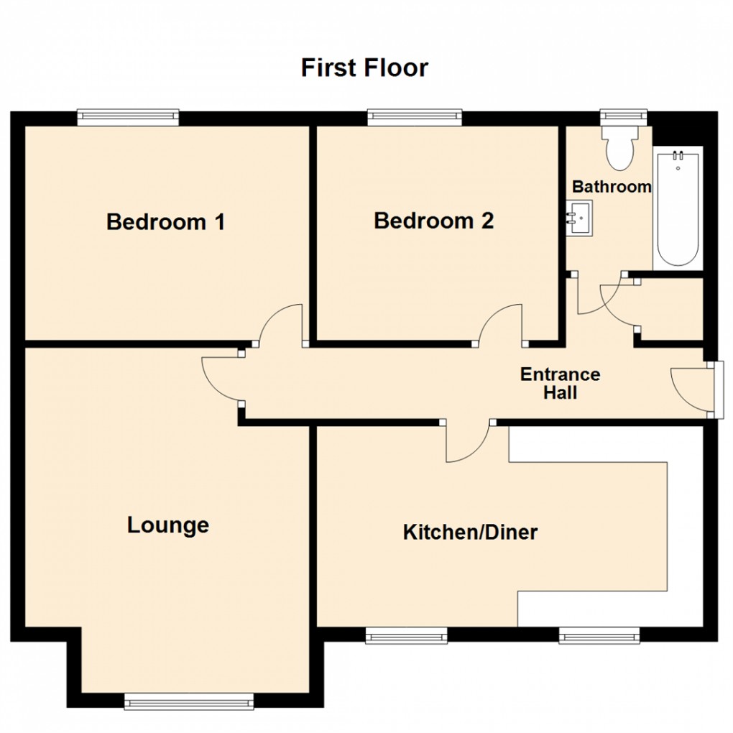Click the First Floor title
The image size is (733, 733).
click(364, 68)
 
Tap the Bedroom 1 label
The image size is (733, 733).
click(165, 221)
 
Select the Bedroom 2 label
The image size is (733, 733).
click(433, 221)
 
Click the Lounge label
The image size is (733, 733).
click(168, 525)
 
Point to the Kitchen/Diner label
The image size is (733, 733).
click(470, 533)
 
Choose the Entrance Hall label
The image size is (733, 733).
click(560, 383)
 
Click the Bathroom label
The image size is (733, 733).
click(612, 187)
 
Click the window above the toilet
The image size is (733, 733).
click(624, 114)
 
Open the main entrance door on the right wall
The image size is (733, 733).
click(691, 388)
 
